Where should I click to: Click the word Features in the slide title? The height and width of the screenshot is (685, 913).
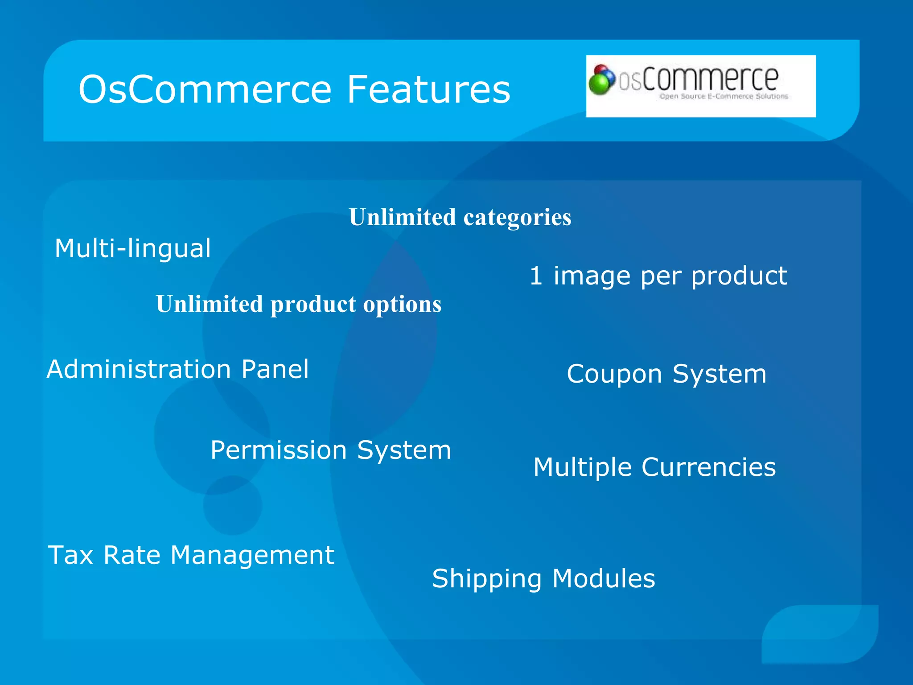428,90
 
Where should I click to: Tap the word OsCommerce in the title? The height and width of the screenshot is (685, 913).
205,90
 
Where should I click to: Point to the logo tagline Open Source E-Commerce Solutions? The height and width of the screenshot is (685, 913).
724,96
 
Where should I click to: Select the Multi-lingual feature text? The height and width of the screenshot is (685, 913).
132,248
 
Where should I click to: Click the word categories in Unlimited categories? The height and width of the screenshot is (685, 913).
517,217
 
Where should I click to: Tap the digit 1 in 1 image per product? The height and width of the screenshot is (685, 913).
535,275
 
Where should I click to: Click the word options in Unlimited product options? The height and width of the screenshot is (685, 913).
402,305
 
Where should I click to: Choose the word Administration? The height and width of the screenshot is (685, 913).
139,370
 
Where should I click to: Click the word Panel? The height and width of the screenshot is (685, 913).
275,370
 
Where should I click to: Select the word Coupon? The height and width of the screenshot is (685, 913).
614,374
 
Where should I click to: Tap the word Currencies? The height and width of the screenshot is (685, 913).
708,467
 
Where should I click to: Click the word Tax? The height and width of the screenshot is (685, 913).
70,555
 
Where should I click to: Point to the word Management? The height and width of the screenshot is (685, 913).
252,555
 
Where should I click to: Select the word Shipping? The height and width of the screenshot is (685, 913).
487,579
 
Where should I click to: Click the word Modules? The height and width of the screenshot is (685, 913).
604,578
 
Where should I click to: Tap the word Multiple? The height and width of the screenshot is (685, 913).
582,467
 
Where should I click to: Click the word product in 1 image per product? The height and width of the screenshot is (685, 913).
739,276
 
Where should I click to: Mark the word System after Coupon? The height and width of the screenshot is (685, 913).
719,374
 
